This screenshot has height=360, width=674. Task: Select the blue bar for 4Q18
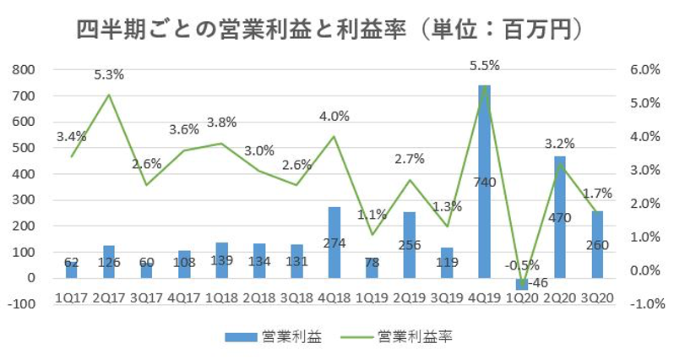click(334, 242)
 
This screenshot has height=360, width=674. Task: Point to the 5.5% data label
click(485, 64)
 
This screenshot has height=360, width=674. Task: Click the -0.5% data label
click(519, 265)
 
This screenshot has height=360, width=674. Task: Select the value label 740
click(484, 182)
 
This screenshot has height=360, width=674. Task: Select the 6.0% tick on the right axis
click(646, 69)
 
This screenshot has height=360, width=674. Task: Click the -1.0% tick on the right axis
click(644, 304)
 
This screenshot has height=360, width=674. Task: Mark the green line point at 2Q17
click(109, 95)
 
